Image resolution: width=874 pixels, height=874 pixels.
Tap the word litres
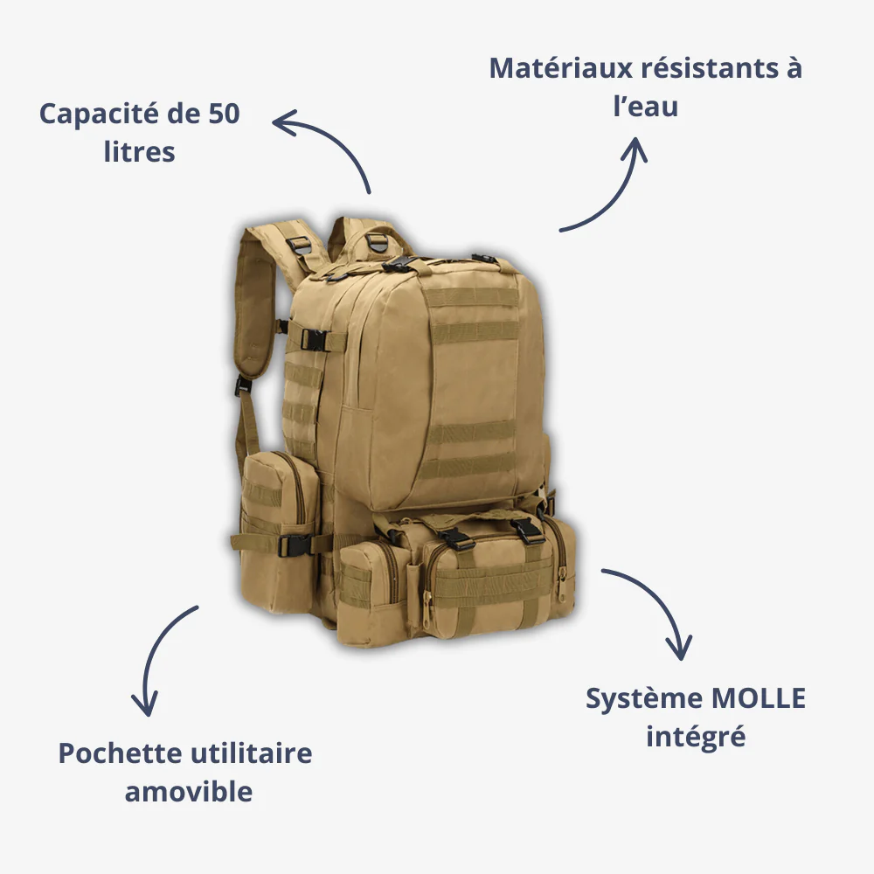pyautogui.click(x=140, y=152)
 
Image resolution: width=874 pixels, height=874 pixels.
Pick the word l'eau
pyautogui.click(x=646, y=107)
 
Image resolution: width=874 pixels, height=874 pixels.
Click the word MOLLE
pyautogui.click(x=758, y=698)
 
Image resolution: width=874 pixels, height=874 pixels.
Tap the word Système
pyautogui.click(x=644, y=698)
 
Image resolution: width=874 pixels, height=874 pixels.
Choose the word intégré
pyautogui.click(x=696, y=736)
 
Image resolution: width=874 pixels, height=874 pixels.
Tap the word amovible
pyautogui.click(x=188, y=792)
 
